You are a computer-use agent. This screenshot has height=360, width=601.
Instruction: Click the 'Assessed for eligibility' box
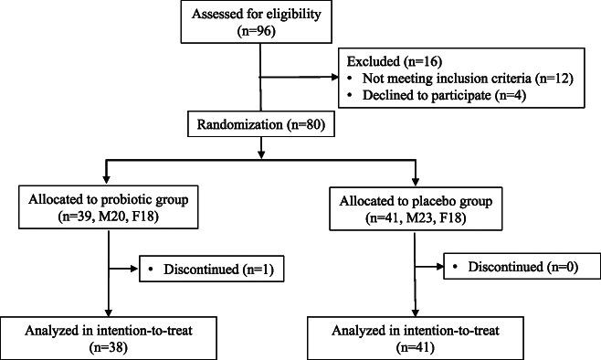[x=261, y=22]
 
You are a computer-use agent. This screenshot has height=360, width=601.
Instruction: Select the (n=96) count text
[x=261, y=30]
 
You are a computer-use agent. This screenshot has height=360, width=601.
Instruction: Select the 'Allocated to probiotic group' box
[x=109, y=208]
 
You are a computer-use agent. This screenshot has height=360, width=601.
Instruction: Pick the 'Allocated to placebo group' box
[x=416, y=208]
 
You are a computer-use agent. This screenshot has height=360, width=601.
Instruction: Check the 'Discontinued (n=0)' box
[x=514, y=270]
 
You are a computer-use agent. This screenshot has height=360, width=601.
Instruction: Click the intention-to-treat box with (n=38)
[x=110, y=334]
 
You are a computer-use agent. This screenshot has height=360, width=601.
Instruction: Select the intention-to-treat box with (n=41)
[x=416, y=334]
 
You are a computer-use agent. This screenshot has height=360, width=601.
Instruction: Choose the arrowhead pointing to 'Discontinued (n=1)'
[x=142, y=270]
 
